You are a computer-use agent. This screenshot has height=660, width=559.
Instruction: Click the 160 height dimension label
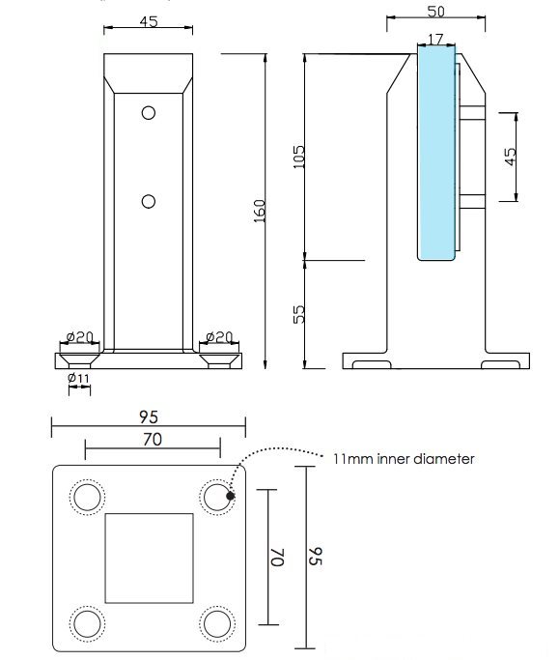tap(260, 210)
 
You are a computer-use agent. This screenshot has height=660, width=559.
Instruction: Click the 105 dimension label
tap(297, 156)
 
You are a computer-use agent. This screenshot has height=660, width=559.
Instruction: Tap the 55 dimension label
tap(297, 313)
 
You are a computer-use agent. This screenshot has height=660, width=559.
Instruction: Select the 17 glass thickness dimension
tap(435, 41)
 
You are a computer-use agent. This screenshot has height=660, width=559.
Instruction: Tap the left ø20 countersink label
tap(79, 337)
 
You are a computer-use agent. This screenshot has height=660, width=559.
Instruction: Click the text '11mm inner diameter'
tap(405, 459)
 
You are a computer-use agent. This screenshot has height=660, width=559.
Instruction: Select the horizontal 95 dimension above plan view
tap(147, 416)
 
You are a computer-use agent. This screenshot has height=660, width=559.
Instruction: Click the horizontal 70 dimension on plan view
tap(151, 439)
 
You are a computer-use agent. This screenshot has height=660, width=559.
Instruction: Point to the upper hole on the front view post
tap(148, 112)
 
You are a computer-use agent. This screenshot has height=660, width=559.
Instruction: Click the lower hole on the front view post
tap(148, 201)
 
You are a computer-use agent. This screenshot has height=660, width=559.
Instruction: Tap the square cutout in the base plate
tap(149, 559)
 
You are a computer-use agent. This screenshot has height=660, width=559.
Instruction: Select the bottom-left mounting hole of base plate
tap(87, 621)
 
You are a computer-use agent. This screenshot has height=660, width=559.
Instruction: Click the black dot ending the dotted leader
tap(231, 497)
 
